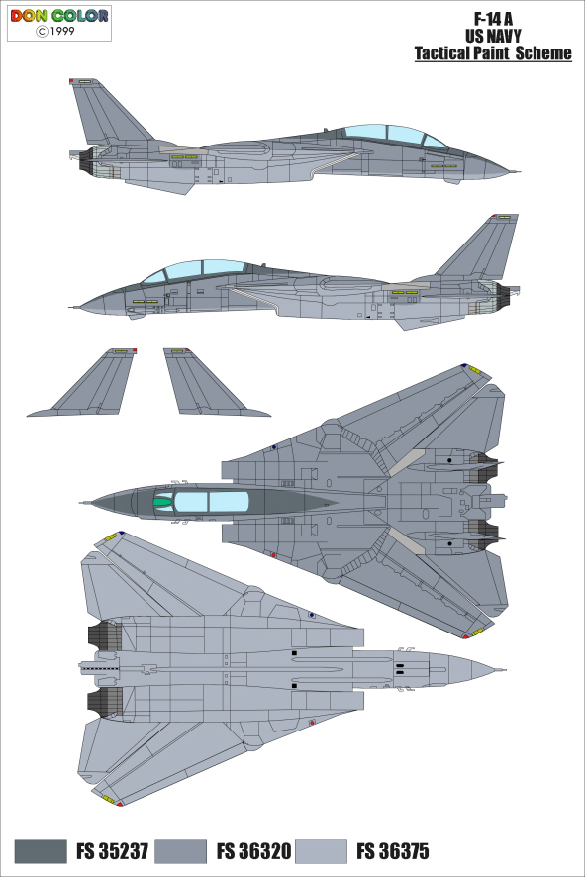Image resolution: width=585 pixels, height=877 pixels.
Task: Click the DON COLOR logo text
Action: click(x=58, y=16)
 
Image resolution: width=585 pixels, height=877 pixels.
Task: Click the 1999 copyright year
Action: click(x=62, y=32)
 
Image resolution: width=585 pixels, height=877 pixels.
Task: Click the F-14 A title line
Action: click(x=493, y=19)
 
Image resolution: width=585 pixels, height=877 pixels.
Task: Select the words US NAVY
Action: click(x=493, y=36)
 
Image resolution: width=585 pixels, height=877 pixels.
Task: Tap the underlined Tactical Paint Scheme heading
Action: click(x=493, y=53)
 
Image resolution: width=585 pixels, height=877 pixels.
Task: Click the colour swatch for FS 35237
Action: click(x=41, y=851)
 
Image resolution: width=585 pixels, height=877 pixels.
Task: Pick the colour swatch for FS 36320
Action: click(x=180, y=851)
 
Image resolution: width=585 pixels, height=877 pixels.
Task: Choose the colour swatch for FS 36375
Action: click(x=321, y=851)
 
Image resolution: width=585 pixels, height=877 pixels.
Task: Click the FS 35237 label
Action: click(x=113, y=851)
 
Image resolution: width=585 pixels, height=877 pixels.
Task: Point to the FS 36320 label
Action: click(x=254, y=851)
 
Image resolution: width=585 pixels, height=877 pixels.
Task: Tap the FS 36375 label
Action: click(x=393, y=851)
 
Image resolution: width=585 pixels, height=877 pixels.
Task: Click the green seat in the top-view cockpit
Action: click(x=162, y=502)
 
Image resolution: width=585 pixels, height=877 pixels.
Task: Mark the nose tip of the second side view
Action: click(x=70, y=307)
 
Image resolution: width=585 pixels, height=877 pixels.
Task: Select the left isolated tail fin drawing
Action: click(x=89, y=383)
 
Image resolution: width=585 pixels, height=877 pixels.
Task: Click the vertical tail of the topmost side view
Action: click(x=107, y=112)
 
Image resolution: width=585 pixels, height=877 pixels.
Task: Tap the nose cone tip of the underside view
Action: click(x=505, y=669)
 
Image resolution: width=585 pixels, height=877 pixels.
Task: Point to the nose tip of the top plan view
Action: click(x=81, y=503)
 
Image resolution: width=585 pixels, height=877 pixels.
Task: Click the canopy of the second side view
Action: click(x=196, y=271)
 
